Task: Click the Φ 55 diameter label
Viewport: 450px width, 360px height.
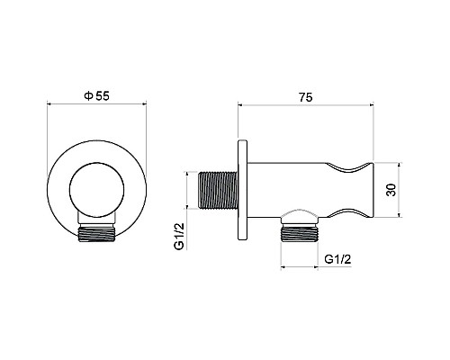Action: pyautogui.click(x=97, y=96)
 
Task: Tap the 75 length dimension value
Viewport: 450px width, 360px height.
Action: pyautogui.click(x=305, y=97)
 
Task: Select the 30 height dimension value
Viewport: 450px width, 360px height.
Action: pyautogui.click(x=391, y=190)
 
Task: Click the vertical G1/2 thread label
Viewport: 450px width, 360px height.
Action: pyautogui.click(x=179, y=236)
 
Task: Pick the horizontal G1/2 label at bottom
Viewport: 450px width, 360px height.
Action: pyautogui.click(x=337, y=259)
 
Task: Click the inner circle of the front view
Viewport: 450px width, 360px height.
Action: pyautogui.click(x=96, y=189)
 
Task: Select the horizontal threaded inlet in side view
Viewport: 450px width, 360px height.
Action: pyautogui.click(x=219, y=190)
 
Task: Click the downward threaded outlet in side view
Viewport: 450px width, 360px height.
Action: pyautogui.click(x=299, y=233)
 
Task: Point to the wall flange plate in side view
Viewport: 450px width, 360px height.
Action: pyautogui.click(x=243, y=190)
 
